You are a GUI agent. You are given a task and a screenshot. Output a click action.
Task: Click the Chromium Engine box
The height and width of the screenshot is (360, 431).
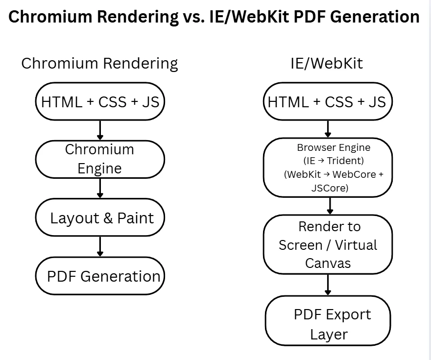tap(100, 159)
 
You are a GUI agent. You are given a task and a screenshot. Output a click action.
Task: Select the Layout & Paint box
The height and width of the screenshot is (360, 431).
tap(100, 218)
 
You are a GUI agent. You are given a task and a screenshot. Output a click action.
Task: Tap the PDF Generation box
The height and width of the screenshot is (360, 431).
tap(100, 276)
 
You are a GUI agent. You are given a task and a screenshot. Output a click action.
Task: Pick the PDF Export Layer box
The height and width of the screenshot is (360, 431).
tap(328, 324)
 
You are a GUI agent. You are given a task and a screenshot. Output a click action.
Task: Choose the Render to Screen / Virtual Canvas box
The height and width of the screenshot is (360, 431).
tap(328, 244)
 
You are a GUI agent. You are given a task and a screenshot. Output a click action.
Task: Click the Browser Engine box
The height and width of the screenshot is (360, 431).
tap(328, 168)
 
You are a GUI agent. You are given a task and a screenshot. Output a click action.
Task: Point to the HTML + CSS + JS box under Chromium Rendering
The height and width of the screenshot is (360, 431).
tap(100, 102)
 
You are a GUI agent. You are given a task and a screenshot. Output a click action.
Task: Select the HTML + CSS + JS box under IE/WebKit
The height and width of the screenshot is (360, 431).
tap(328, 102)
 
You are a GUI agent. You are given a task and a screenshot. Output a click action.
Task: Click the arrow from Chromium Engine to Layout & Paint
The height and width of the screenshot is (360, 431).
tap(100, 188)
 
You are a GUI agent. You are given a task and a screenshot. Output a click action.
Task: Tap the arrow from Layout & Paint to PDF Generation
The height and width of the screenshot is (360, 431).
tap(100, 246)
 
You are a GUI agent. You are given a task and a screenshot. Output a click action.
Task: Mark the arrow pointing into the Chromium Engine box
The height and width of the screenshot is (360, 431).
tap(100, 130)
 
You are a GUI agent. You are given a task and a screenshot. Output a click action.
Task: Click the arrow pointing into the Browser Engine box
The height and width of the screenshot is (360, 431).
tap(328, 129)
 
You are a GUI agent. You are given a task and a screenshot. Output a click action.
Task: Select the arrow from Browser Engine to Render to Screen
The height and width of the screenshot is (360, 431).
tap(330, 206)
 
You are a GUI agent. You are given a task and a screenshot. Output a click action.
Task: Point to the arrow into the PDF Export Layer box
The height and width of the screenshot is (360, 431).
tap(328, 285)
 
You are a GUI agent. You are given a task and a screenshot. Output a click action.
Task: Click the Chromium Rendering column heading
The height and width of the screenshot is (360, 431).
tap(99, 63)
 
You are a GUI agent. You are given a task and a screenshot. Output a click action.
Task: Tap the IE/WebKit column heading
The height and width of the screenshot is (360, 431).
tap(327, 63)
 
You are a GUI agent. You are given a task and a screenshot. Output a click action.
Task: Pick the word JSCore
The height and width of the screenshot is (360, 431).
tap(329, 188)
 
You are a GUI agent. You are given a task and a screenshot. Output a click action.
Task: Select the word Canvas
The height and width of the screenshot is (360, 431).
tap(328, 263)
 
